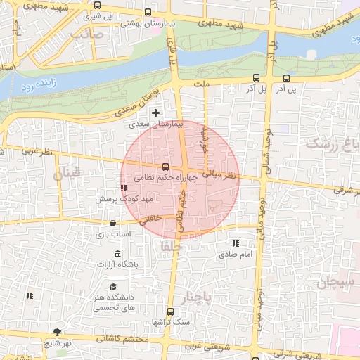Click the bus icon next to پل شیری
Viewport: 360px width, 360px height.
97,6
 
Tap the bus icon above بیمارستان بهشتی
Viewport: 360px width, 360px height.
147,13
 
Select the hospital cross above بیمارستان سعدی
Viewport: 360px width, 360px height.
155,112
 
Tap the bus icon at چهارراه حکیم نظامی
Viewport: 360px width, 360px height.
165,167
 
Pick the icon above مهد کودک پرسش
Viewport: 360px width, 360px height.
124,188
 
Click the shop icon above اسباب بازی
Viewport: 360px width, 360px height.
112,224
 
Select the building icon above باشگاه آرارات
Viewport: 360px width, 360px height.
117,254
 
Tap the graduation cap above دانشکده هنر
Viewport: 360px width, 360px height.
113,286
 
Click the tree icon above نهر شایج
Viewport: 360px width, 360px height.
56,332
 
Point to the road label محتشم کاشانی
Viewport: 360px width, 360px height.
111,339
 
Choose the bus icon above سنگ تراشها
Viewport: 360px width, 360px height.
169,311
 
